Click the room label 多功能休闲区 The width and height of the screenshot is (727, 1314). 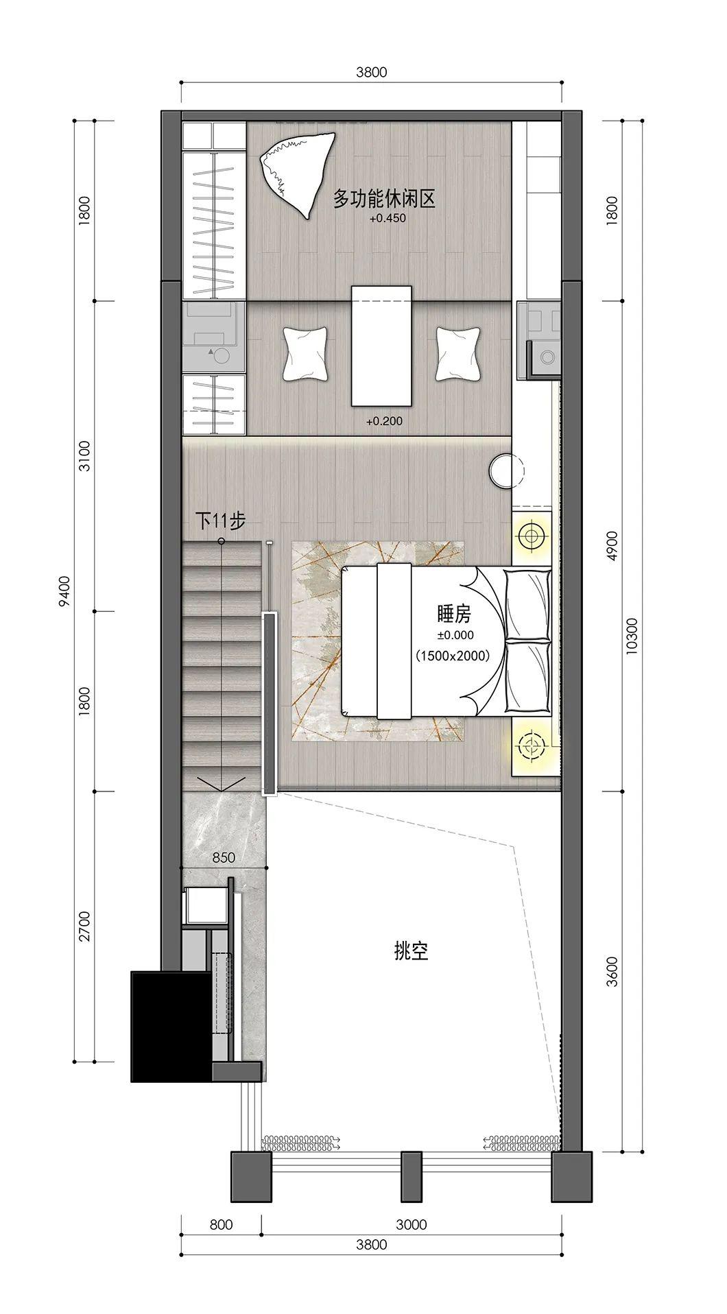click(384, 200)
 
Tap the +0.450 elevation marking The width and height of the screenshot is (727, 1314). click(388, 219)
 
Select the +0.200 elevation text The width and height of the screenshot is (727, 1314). click(384, 421)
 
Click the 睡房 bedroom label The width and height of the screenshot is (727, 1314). click(453, 612)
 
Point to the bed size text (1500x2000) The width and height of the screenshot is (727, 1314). click(453, 656)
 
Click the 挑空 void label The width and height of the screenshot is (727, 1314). click(412, 951)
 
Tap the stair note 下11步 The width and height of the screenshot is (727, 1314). click(220, 521)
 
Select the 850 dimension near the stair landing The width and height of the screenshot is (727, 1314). click(224, 857)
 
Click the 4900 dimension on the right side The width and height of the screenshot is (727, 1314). click(612, 546)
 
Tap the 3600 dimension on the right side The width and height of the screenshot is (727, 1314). click(612, 971)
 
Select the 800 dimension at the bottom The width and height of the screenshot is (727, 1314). click(221, 1225)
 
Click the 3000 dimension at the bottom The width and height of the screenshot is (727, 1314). click(412, 1225)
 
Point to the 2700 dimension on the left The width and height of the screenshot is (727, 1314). click(84, 927)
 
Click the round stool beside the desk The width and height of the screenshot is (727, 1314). click(506, 470)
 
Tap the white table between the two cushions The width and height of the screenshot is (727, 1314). click(381, 346)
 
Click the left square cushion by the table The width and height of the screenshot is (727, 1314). click(304, 353)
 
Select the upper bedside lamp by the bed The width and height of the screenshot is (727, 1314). click(531, 534)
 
